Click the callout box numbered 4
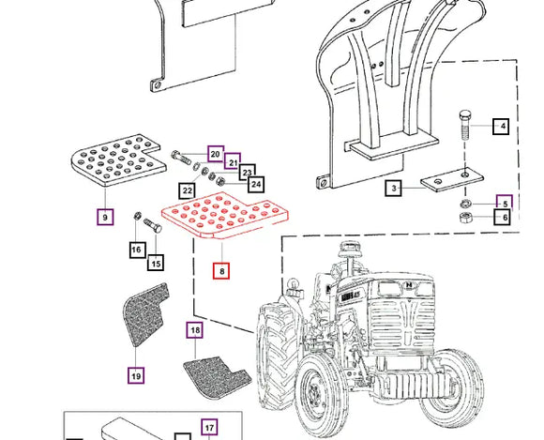coord(501,126)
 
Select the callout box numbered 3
coord(393,189)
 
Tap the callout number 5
coord(505,203)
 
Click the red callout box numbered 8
coord(221,271)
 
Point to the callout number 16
coord(137,250)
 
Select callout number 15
coord(156,264)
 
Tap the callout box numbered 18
coord(194,330)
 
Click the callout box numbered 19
coord(136,375)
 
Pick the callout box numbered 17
coord(209,428)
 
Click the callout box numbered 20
coord(215,154)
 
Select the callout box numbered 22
coord(188,190)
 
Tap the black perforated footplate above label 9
coord(113,160)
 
